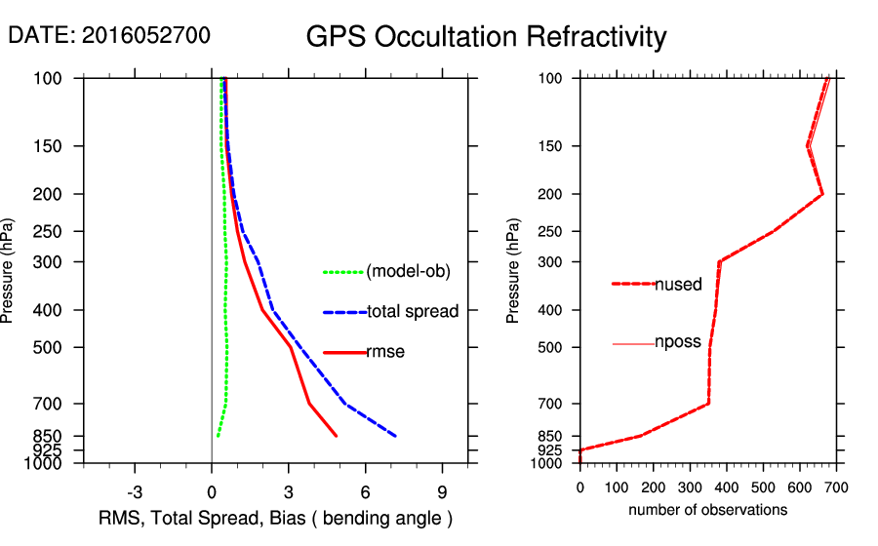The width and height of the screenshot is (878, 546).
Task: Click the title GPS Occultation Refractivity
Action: pos(486,37)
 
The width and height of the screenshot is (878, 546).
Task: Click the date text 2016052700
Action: pos(146,36)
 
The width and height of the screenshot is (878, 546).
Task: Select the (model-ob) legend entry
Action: pos(408,272)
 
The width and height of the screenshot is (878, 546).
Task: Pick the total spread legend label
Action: pos(413,312)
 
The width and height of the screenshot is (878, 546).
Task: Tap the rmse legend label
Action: pos(385,352)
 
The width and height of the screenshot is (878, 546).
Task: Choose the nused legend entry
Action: pos(678,285)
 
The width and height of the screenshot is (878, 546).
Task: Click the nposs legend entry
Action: pos(678,343)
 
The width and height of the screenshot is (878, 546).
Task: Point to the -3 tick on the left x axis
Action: pos(135,490)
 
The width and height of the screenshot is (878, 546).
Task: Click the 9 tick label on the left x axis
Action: pos(442,490)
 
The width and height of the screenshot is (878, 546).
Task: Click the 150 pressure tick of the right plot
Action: pos(556,146)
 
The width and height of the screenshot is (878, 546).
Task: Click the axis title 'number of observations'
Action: pos(707,510)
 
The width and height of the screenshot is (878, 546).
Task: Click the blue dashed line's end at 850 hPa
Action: pos(395,436)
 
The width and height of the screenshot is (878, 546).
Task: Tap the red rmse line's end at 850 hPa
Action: pos(337,436)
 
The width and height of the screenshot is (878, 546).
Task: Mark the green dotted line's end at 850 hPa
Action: pos(218,436)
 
